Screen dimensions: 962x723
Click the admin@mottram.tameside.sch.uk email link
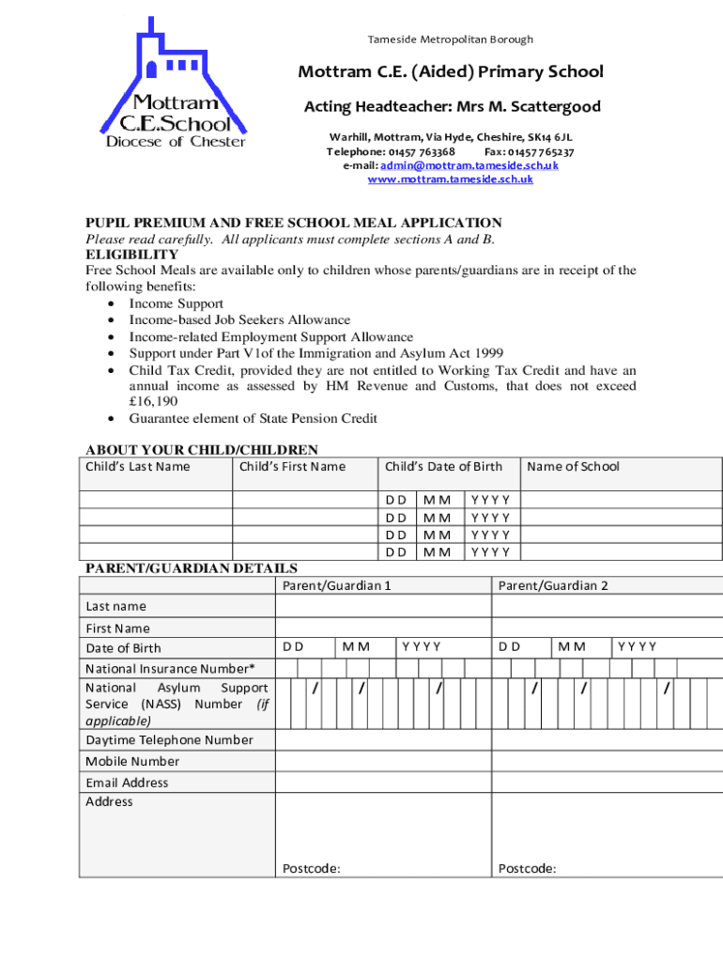469,165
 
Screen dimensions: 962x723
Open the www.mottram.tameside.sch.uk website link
450,178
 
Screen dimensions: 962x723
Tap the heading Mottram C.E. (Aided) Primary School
451,72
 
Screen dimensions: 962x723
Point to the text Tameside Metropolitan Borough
450,39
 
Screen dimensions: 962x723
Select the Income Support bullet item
176,303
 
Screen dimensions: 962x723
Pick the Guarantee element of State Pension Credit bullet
253,418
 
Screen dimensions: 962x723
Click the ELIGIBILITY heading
131,255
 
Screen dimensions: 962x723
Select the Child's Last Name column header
137,467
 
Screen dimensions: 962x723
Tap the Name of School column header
573,467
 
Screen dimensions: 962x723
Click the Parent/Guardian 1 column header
336,586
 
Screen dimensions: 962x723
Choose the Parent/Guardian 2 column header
553,586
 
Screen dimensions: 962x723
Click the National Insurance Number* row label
170,669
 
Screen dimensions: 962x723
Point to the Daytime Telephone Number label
169,740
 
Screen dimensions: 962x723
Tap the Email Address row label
127,783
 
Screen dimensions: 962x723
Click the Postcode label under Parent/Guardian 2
527,869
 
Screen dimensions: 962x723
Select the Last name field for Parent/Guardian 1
383,607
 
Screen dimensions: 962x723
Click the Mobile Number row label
132,762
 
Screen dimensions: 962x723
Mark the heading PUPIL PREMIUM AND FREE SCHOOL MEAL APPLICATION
294,223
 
